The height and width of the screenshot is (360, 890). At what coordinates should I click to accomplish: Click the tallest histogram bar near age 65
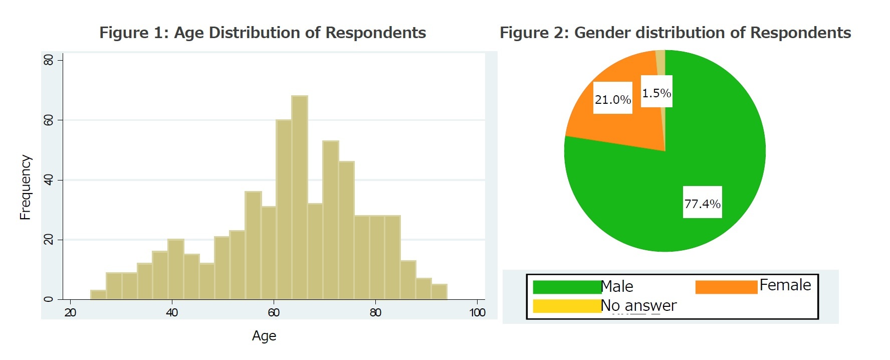[x=300, y=198]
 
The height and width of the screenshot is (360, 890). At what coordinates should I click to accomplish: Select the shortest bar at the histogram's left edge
[x=98, y=295]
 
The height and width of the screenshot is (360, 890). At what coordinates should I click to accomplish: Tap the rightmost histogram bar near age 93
[x=439, y=292]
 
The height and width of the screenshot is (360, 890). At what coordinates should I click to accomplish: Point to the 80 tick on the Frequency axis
[x=49, y=60]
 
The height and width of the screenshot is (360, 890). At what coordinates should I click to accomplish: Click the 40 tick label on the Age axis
[x=172, y=313]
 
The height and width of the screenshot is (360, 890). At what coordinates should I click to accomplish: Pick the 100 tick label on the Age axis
[x=477, y=313]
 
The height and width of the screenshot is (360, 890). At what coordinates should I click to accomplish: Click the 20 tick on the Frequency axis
[x=49, y=240]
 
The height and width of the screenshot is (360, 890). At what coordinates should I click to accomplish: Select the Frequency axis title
[x=25, y=187]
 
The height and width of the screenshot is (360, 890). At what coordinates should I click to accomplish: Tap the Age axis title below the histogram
[x=264, y=336]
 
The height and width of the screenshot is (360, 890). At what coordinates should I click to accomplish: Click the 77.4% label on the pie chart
[x=703, y=203]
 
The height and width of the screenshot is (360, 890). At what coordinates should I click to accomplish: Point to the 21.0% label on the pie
[x=612, y=99]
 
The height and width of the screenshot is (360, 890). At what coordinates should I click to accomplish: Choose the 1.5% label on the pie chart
[x=656, y=93]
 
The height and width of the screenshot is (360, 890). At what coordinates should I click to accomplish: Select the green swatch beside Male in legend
[x=566, y=287]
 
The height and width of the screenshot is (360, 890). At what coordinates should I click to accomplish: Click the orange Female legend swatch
[x=726, y=287]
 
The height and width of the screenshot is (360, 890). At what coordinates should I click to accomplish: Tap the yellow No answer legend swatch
[x=566, y=306]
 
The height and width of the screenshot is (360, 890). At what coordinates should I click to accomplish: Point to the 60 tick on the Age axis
[x=274, y=313]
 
